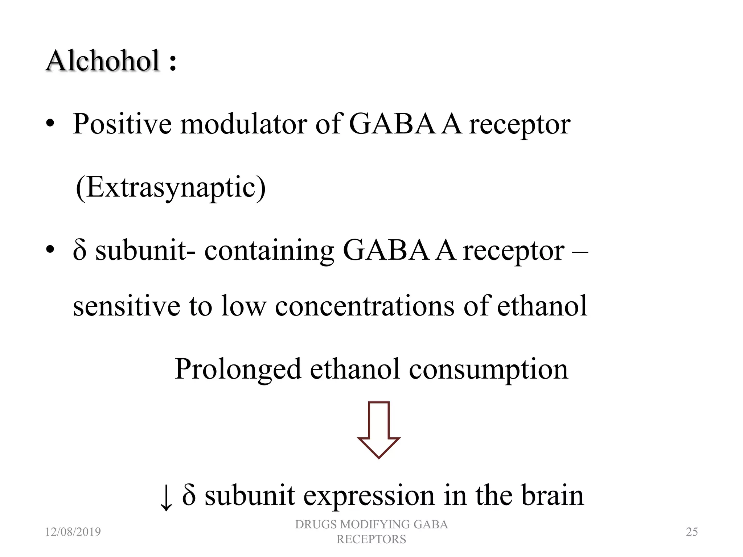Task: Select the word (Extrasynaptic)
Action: pos(171,188)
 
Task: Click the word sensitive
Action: pos(126,306)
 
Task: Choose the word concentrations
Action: pos(364,306)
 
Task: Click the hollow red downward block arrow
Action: pos(378,430)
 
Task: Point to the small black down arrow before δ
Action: pos(166,498)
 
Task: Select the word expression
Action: pos(369,496)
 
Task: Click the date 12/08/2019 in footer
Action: pos(73,532)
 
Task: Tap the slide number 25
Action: pos(692,532)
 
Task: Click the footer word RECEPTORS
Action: pos(371,540)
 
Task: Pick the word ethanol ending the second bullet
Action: pos(542,306)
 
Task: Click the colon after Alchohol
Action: pos(173,61)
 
